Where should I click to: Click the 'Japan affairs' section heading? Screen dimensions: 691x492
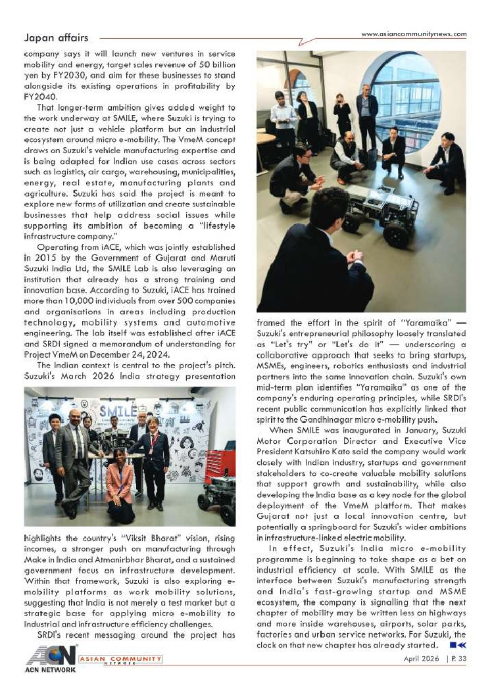(55, 38)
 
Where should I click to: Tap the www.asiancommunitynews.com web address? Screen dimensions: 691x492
(414, 34)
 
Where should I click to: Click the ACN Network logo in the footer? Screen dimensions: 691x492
(50, 659)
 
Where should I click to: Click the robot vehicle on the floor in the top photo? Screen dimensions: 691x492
(374, 210)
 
